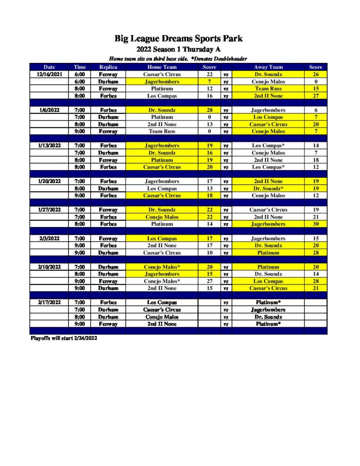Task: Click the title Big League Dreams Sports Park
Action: click(178, 39)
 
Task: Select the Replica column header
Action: click(108, 67)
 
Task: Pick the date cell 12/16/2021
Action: click(49, 74)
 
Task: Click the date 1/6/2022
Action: click(49, 110)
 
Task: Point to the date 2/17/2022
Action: click(49, 302)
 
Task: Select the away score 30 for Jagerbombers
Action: click(315, 224)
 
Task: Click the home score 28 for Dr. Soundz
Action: click(209, 110)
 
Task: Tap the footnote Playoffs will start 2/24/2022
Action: click(64, 338)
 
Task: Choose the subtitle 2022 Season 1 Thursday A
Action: click(178, 50)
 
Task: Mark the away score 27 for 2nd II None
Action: click(315, 96)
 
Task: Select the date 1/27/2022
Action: click(49, 210)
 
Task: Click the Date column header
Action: click(49, 67)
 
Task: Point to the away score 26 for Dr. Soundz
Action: click(315, 74)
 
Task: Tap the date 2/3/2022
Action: click(49, 238)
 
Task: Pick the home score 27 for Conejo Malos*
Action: click(209, 281)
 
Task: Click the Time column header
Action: click(80, 67)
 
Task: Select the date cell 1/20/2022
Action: click(49, 181)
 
